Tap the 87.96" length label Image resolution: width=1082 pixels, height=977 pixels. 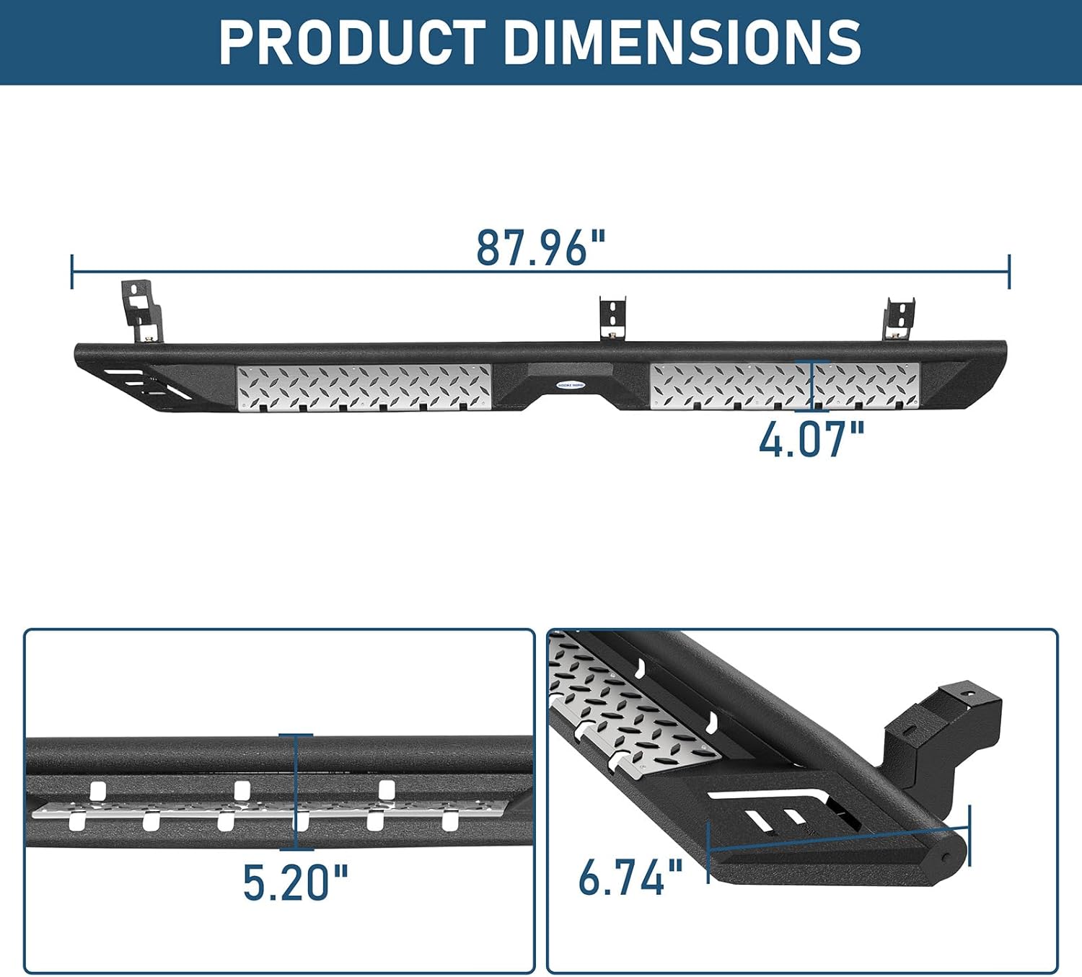click(541, 247)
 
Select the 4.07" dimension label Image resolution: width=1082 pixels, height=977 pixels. click(811, 439)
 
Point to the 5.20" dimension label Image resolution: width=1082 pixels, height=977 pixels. click(295, 882)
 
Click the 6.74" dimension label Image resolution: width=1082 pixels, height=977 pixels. click(630, 877)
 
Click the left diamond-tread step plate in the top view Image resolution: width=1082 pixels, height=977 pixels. click(364, 387)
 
